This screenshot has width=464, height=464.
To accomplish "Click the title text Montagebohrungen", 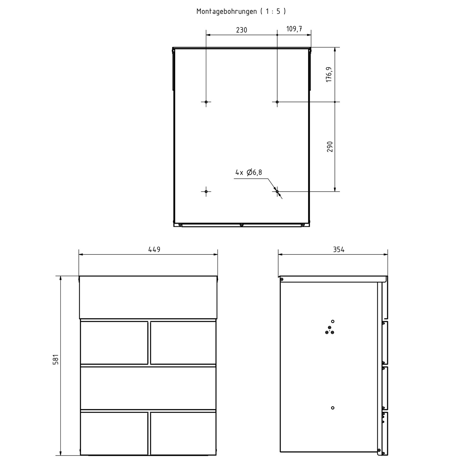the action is (x=226, y=11).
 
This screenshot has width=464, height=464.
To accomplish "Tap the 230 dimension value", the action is (x=242, y=30).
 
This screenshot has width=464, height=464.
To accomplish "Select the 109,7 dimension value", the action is (x=294, y=29).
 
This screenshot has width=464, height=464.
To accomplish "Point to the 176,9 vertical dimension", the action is (x=329, y=75).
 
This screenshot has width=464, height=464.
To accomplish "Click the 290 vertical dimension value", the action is (x=330, y=147).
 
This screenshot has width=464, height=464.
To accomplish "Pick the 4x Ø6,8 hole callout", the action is (x=249, y=173).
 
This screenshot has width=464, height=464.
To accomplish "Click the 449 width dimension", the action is (x=154, y=249).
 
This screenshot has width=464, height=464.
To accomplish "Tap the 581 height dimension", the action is (x=56, y=360).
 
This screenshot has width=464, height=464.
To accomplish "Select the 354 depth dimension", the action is (x=339, y=249).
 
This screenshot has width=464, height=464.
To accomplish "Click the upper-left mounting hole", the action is (x=206, y=102).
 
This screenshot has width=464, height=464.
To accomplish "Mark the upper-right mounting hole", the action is (x=277, y=102).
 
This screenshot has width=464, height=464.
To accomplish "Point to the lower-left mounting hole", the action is (x=206, y=191).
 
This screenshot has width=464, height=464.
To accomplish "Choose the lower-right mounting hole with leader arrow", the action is (x=277, y=191).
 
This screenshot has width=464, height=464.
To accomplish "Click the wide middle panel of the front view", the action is (x=148, y=388).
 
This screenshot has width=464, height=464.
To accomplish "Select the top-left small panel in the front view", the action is (x=114, y=342).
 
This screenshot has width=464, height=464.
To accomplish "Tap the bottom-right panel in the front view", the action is (x=183, y=434).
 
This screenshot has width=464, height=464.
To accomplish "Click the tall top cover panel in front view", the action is (x=148, y=297).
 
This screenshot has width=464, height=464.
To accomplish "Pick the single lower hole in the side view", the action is (x=333, y=408).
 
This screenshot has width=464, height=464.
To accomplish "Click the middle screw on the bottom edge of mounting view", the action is (x=242, y=225).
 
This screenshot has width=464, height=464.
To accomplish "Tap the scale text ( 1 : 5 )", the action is (x=273, y=11).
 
